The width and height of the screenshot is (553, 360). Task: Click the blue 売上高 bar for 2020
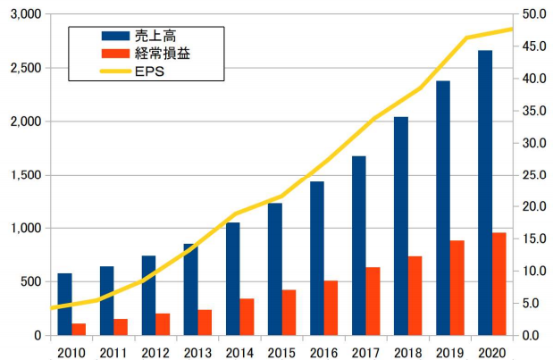tap(485, 192)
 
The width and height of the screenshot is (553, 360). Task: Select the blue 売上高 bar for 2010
tap(64, 304)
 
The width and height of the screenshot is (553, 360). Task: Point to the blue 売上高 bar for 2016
tap(316, 258)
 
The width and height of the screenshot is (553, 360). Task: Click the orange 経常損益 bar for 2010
tap(79, 329)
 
